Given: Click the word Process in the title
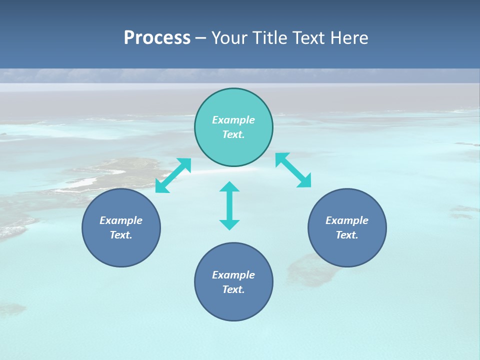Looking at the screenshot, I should pos(157,38).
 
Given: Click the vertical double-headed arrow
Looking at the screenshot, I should pos(229,205).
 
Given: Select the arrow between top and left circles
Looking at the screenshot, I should pos(173,175).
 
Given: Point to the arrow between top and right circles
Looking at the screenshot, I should pos(293,170).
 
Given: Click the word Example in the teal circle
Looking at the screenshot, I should pos(233,120).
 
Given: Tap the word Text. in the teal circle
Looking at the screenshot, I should pos(233,134).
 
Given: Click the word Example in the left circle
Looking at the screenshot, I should pos(121,220).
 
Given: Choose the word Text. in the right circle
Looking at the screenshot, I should pos(347,235).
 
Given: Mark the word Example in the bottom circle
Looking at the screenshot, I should pos(233,275).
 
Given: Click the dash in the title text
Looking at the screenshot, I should pos(200,38).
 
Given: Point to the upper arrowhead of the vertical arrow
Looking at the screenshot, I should pos(229,186).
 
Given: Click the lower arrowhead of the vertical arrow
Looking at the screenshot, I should pos(229,224).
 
